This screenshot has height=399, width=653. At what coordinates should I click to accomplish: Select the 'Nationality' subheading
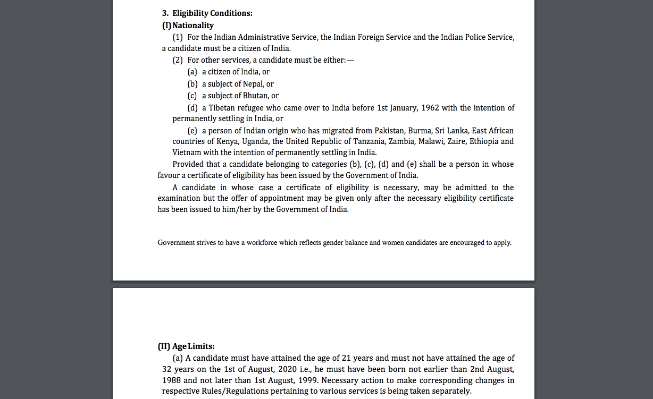192,25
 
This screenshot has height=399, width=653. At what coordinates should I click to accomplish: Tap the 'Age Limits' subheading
193,346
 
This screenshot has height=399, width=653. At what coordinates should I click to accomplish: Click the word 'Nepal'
254,84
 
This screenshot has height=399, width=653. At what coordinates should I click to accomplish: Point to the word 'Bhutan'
256,96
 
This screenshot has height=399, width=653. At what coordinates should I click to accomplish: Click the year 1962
430,108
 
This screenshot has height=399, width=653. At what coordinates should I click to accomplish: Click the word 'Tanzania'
368,141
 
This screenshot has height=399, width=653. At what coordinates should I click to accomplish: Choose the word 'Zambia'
401,141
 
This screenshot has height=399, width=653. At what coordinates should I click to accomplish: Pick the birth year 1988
172,380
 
